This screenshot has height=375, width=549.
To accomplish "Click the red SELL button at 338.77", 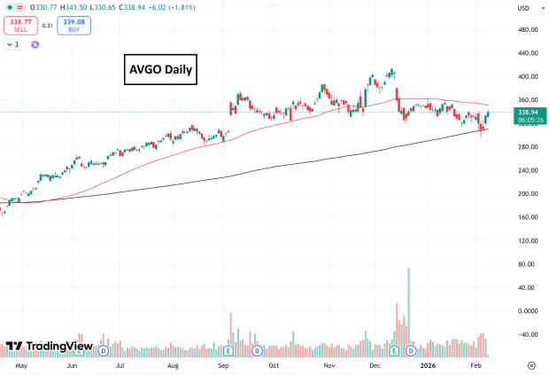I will pyautogui.click(x=19, y=27).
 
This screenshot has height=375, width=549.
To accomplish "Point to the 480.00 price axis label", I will pyautogui.click(x=528, y=29).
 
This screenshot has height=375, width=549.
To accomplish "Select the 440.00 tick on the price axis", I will pyautogui.click(x=528, y=53).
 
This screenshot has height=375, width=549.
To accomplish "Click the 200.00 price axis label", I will pyautogui.click(x=528, y=193).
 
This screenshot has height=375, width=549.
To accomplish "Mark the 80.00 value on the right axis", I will pyautogui.click(x=528, y=264).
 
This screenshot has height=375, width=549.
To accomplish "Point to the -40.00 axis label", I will pyautogui.click(x=528, y=334).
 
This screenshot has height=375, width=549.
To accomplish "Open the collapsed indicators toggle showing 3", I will pyautogui.click(x=14, y=43).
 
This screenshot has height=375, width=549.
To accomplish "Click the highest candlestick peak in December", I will pyautogui.click(x=391, y=70).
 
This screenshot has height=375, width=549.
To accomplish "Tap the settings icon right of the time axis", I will pyautogui.click(x=531, y=364).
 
